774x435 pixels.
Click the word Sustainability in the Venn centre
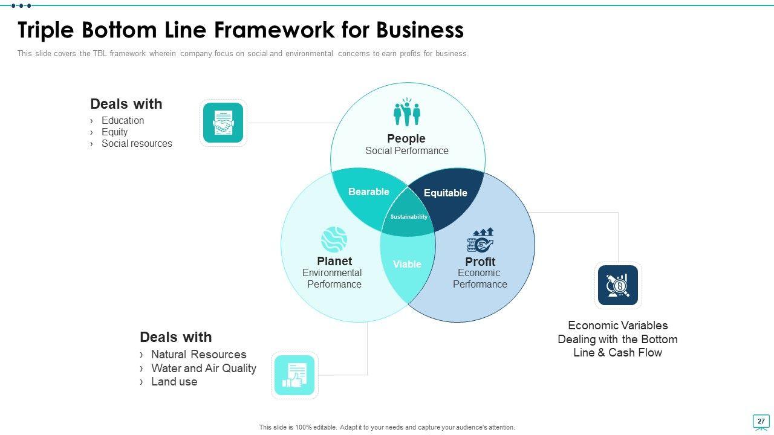pos(409,217)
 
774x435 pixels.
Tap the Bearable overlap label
pos(369,192)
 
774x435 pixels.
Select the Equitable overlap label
pos(446,193)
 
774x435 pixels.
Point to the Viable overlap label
pos(407,264)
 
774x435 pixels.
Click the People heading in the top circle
pos(406,138)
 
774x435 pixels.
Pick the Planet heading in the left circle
pos(334,261)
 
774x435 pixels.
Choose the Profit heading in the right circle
pos(480,262)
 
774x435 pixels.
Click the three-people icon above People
pos(407,112)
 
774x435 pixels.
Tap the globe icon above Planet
pos(334,239)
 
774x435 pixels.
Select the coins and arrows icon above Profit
pos(480,240)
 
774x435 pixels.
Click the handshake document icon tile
pos(223,123)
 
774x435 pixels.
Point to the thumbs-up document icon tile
pos(294,375)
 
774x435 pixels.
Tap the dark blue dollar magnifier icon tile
pos(618,285)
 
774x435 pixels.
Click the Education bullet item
pos(123,120)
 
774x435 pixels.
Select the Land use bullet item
pos(174,382)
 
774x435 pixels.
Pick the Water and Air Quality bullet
pos(204,368)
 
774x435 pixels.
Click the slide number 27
pos(761,421)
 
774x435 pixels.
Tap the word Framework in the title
pos(275,30)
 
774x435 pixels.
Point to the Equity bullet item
pos(114,132)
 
